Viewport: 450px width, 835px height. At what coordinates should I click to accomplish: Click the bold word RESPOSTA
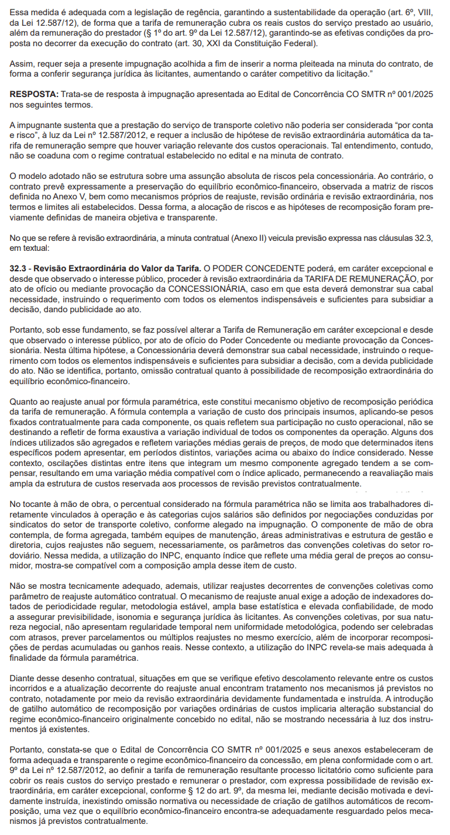32,94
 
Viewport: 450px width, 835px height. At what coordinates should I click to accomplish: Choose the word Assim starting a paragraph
22,63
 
